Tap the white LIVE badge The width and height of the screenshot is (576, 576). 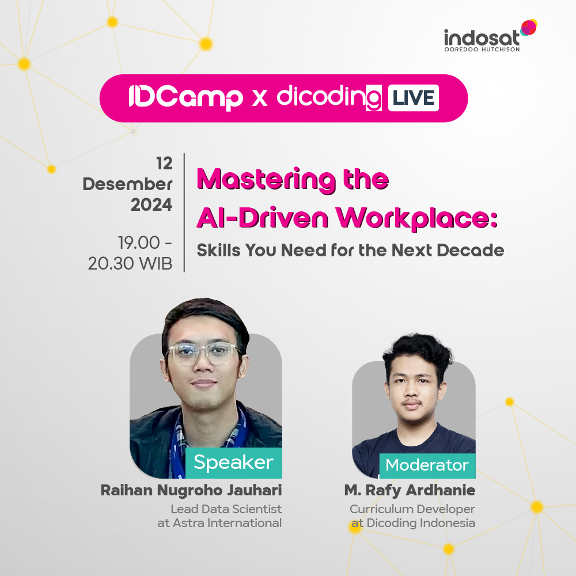[412, 97]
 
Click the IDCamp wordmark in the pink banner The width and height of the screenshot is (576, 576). [185, 98]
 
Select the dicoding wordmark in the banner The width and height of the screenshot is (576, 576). [329, 97]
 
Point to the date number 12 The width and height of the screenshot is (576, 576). [164, 164]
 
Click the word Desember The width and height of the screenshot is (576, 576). [127, 184]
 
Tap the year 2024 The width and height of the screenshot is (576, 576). [151, 205]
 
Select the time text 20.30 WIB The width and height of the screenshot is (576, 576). [130, 263]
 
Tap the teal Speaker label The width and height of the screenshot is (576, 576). [233, 463]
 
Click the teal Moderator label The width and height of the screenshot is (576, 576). [427, 465]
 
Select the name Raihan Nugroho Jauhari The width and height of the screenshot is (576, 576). [191, 491]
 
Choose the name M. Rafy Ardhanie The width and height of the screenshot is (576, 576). [410, 491]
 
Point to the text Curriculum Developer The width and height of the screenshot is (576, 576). [412, 509]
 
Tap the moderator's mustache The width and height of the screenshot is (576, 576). [411, 401]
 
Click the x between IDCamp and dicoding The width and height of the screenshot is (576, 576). [260, 98]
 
